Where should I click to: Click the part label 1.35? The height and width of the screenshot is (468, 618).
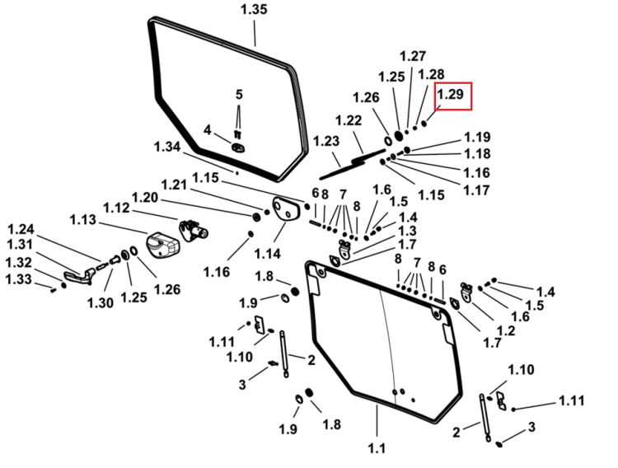tap(255, 9)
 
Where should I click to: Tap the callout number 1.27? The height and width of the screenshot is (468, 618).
tap(413, 56)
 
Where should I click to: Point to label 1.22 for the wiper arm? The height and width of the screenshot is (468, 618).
tap(349, 120)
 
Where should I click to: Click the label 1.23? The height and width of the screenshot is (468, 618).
tap(326, 141)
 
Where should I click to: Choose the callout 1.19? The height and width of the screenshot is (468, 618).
tap(477, 138)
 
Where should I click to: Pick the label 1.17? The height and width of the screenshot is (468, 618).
tap(476, 190)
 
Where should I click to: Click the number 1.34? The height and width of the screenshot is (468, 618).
tap(167, 147)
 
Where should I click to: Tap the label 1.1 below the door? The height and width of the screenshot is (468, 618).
tap(377, 448)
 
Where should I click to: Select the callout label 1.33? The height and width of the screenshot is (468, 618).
tap(18, 279)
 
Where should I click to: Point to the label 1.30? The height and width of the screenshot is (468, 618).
tap(100, 303)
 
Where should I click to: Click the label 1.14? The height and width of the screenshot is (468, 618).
tap(267, 254)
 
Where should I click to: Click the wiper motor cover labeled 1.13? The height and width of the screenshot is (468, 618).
tap(163, 246)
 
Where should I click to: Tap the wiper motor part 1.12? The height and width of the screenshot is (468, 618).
tap(194, 230)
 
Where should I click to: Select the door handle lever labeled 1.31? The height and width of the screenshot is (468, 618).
tap(79, 276)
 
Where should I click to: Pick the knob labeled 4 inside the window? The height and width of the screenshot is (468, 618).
tap(238, 147)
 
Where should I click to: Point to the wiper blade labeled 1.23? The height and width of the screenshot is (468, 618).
tap(342, 169)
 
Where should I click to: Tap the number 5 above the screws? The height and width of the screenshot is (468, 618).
tap(239, 95)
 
